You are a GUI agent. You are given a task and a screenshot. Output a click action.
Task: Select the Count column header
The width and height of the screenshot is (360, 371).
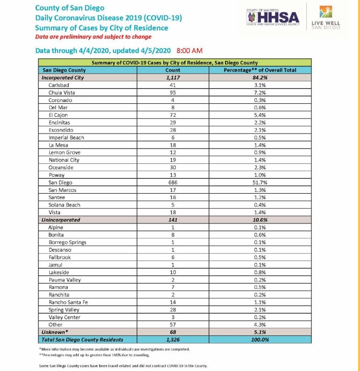click(x=173, y=70)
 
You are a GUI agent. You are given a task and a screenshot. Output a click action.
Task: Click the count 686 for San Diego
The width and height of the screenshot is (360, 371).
click(x=173, y=182)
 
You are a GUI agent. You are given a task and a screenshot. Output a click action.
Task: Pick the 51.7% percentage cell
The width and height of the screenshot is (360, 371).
click(x=260, y=182)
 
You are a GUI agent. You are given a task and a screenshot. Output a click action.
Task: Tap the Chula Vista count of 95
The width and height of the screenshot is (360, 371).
click(x=173, y=92)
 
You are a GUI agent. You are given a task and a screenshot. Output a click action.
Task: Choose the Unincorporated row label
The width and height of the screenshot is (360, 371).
click(x=61, y=220)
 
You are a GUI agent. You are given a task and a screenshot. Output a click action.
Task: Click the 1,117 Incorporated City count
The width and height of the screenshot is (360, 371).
click(x=173, y=77)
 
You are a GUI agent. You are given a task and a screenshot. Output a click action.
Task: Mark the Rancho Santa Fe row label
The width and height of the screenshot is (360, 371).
click(x=68, y=302)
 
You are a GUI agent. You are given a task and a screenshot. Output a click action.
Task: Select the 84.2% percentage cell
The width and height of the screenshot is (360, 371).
click(x=260, y=77)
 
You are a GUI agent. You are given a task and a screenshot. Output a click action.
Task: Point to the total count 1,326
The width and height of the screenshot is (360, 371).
click(x=173, y=340)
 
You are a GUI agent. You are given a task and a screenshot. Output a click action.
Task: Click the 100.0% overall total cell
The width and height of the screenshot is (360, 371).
click(x=260, y=340)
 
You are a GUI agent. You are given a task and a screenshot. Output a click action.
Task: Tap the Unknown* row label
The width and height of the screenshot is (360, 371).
click(x=55, y=332)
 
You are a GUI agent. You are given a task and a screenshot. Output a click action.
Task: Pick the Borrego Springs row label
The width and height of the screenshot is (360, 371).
click(x=67, y=242)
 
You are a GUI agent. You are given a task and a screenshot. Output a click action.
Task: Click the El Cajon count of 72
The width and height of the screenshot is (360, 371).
click(x=173, y=115)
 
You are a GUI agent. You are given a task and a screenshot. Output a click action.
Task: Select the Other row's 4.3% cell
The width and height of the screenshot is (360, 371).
click(x=260, y=325)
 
